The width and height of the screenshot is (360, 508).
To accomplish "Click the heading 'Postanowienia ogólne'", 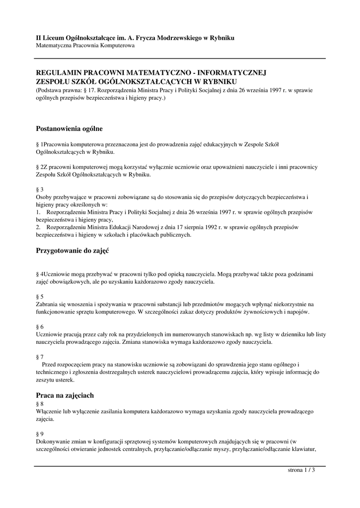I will (70, 128).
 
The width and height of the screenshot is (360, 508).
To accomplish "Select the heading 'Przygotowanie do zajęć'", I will (72, 251).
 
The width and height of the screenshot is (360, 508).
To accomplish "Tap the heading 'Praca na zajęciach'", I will (65, 395).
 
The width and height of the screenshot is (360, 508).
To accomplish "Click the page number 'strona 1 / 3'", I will (301, 470).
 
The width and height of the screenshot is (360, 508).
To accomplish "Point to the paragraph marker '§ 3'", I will (40, 190).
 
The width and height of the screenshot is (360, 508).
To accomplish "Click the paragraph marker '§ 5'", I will (40, 296).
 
